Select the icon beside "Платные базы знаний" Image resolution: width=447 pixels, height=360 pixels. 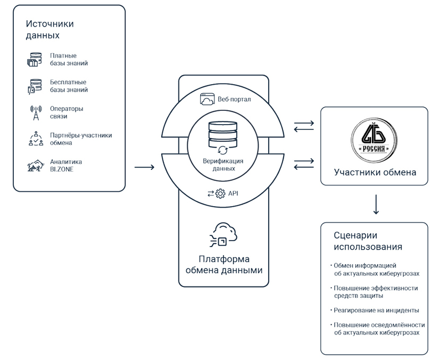tap(35, 60)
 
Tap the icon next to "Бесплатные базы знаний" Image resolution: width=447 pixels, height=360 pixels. tap(35, 86)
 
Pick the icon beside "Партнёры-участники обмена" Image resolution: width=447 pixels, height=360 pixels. tap(35, 139)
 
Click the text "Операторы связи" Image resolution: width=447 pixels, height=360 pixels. tap(67, 112)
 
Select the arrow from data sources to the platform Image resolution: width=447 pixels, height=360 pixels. tap(144, 168)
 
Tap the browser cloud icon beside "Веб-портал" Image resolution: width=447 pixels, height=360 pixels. tap(207, 99)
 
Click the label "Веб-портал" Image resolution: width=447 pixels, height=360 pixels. tap(234, 100)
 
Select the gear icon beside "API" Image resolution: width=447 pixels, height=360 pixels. tap(220, 194)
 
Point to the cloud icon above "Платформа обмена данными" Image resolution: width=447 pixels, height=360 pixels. tap(223, 234)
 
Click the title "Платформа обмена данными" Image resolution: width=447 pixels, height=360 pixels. tap(223, 265)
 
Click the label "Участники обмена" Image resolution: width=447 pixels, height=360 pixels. tap(375, 173)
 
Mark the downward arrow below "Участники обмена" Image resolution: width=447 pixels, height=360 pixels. tap(376, 204)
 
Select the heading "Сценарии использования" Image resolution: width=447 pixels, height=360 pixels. tap(368, 241)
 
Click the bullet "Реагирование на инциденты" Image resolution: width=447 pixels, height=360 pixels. tap(376, 310)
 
